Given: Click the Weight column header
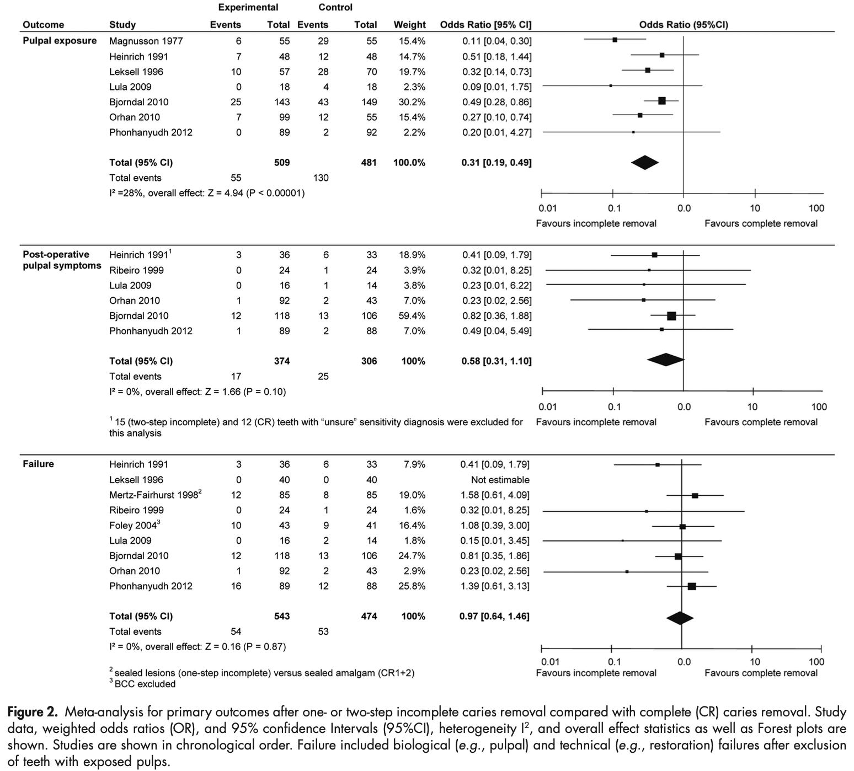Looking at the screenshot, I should pos(409,25).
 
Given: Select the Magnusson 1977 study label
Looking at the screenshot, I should pos(146,41).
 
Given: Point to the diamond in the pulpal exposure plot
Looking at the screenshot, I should pos(645,162).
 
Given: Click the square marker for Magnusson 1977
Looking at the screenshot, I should pos(615,40).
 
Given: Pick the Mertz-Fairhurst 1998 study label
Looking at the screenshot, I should pos(154,495).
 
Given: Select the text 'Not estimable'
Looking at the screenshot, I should pos(500,480).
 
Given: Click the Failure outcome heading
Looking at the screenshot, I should pos(38,464).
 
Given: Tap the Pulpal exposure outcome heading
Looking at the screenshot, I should pos(60,41).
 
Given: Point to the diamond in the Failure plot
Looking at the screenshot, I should pos(680,617).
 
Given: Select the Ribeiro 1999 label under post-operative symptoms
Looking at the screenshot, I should pos(136,270).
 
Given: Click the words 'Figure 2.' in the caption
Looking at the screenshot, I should pos(32,712).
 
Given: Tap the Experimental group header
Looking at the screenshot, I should pos(248,8).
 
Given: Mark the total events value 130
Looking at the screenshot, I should pos(320,178).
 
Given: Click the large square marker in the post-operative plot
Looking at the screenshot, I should pos(671,316).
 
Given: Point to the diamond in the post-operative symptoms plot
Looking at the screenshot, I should pos(666,360).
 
